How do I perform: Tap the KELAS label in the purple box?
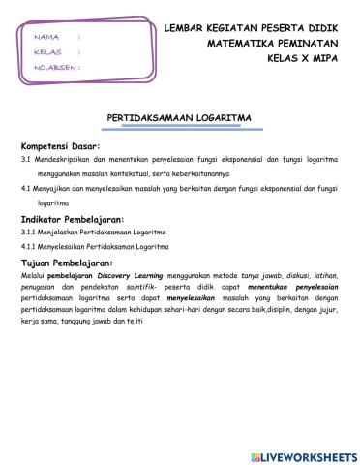click(x=47, y=51)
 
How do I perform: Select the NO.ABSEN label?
click(x=55, y=68)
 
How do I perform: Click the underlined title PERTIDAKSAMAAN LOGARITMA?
click(x=179, y=117)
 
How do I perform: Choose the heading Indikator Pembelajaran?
click(x=72, y=220)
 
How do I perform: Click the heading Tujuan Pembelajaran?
click(x=67, y=263)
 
